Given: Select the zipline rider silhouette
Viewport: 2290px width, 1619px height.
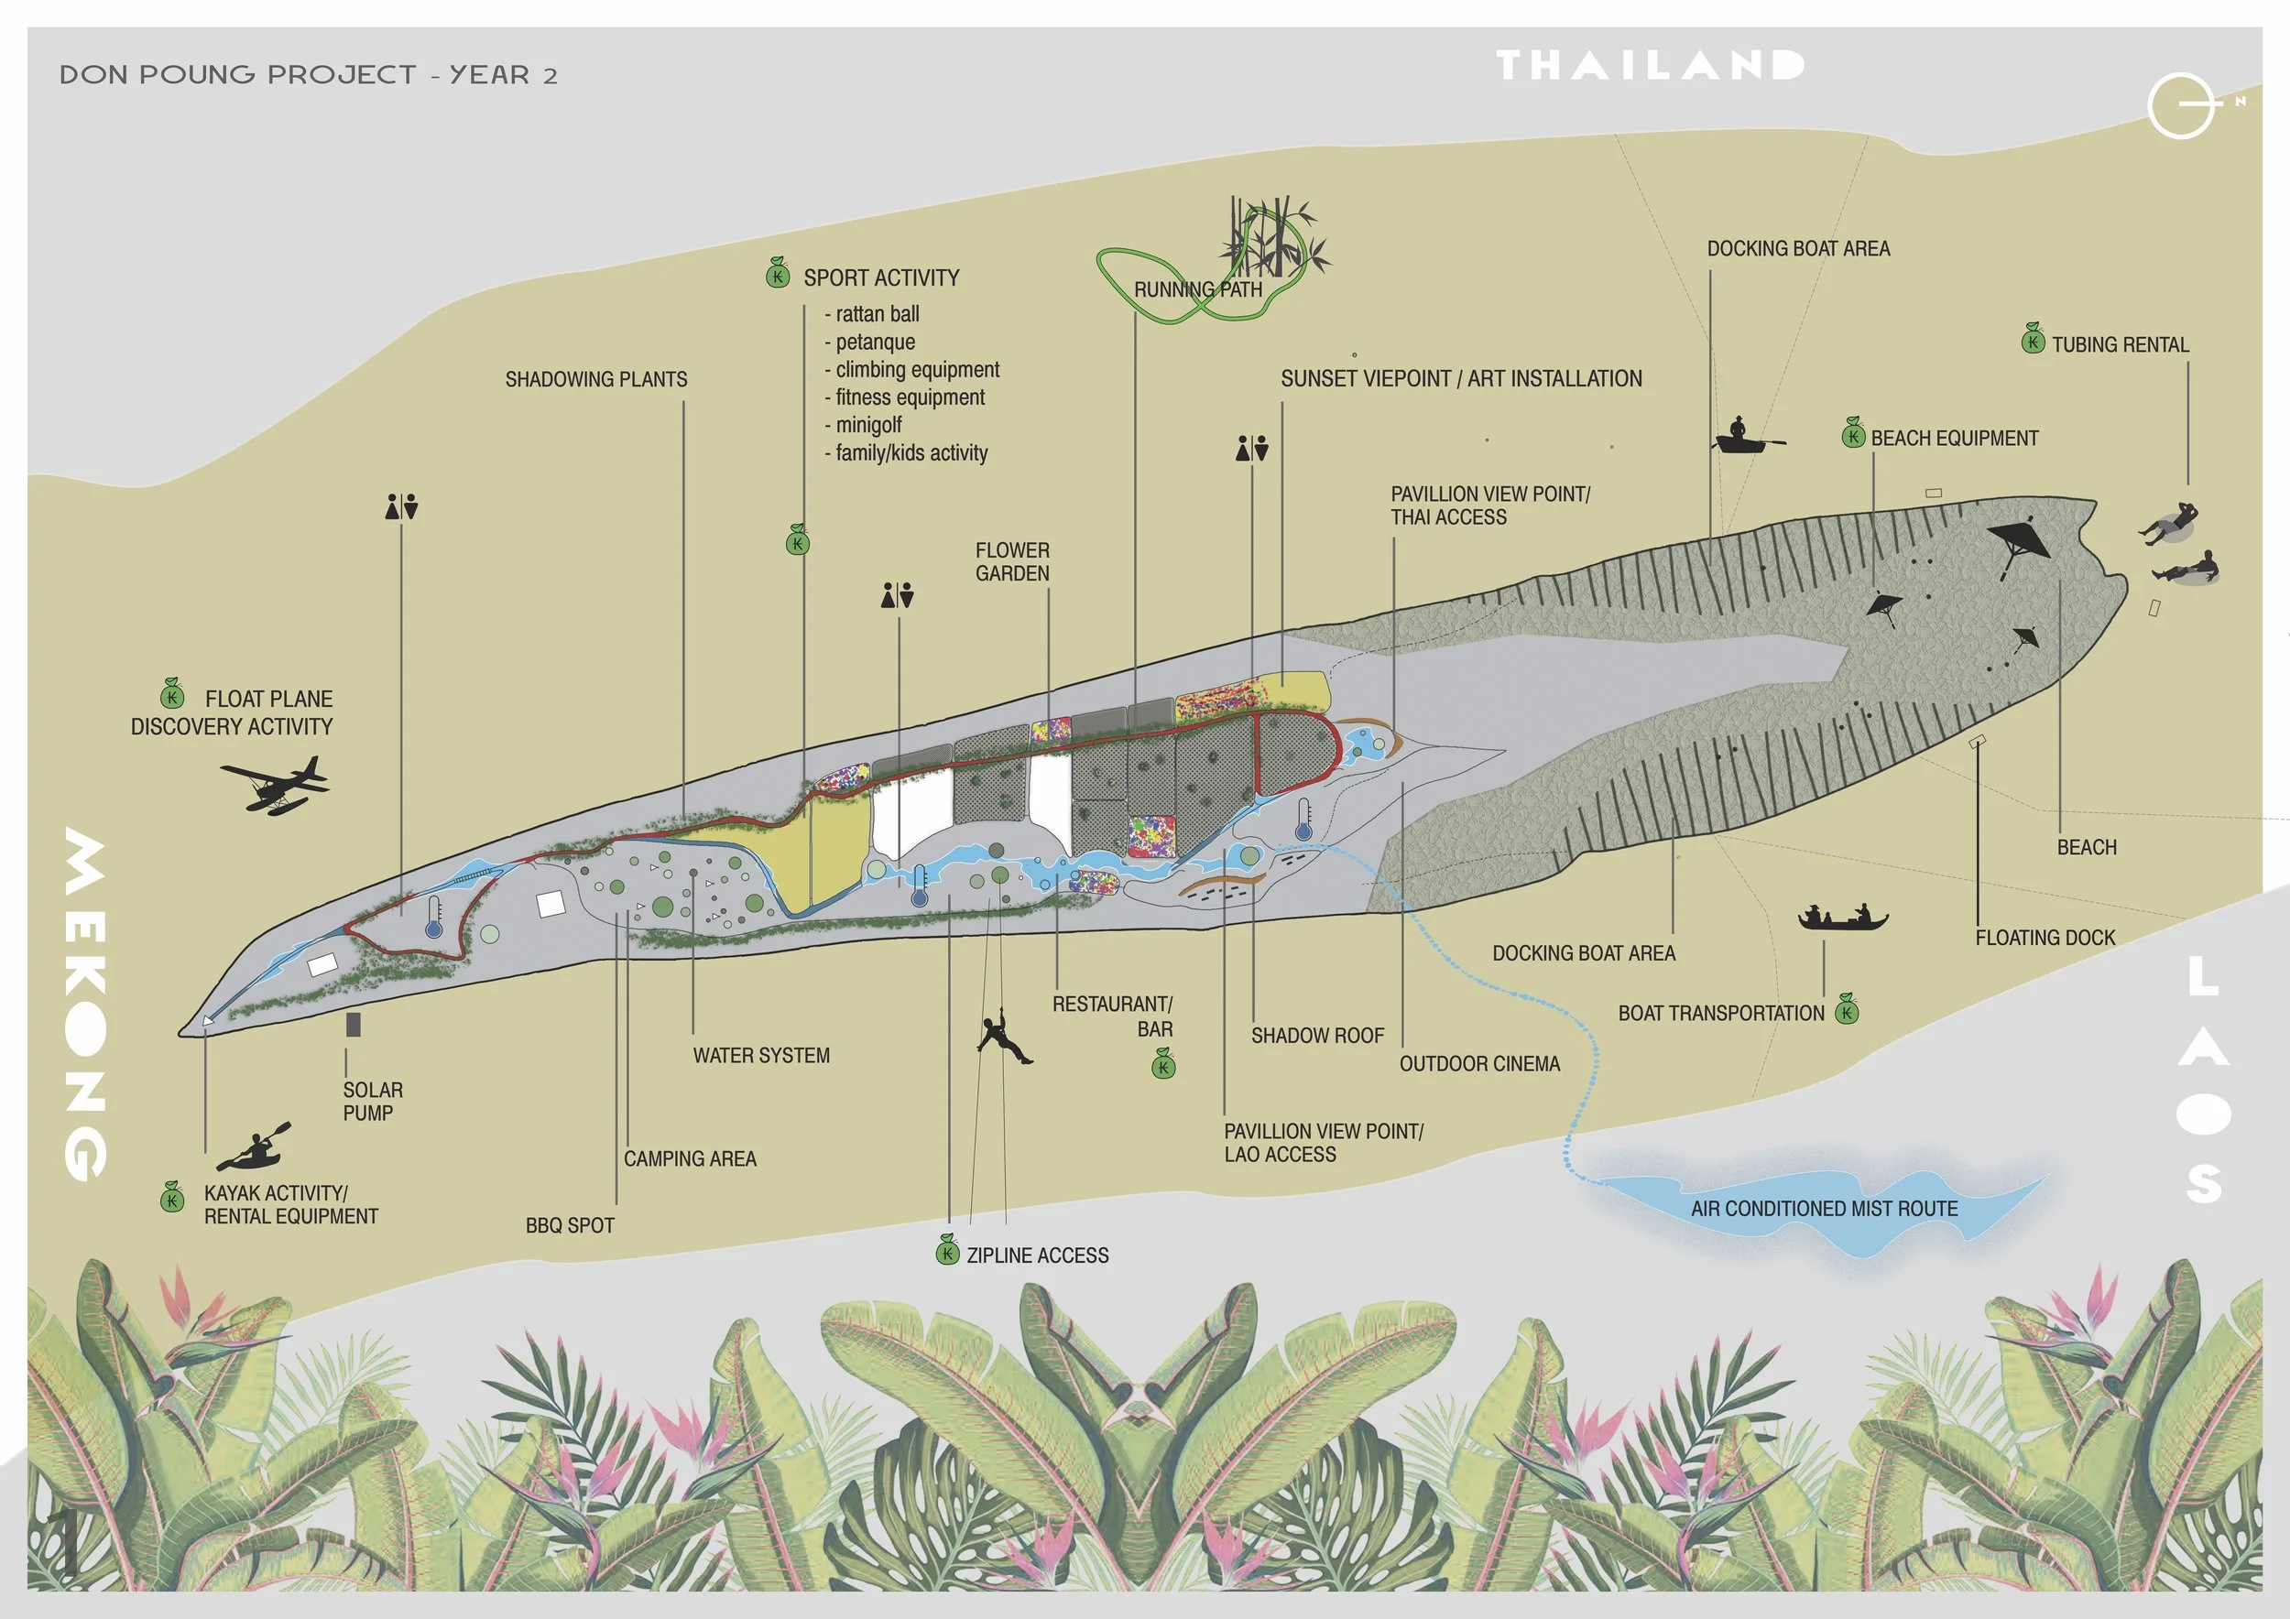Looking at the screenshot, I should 1001,1038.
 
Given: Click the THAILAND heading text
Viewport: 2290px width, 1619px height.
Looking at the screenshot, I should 1650,66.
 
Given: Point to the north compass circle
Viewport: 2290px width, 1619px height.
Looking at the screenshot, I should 2181,104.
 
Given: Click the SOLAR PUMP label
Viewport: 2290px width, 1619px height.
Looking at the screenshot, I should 372,1102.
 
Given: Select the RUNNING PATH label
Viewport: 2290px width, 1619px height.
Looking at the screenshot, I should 1198,289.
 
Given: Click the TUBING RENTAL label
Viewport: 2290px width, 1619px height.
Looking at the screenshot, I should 2120,345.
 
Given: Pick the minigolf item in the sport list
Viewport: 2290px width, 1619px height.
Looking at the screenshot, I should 867,426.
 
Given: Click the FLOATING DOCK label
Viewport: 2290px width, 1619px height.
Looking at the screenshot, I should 2045,938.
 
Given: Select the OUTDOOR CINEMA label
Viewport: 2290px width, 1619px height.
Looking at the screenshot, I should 1479,1065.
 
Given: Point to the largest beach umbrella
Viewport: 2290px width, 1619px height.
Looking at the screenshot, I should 2019,543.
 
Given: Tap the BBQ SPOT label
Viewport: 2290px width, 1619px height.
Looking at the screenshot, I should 570,1226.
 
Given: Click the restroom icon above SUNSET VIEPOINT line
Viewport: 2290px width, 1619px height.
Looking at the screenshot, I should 1252,449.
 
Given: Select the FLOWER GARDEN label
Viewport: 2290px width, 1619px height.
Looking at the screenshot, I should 1011,561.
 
